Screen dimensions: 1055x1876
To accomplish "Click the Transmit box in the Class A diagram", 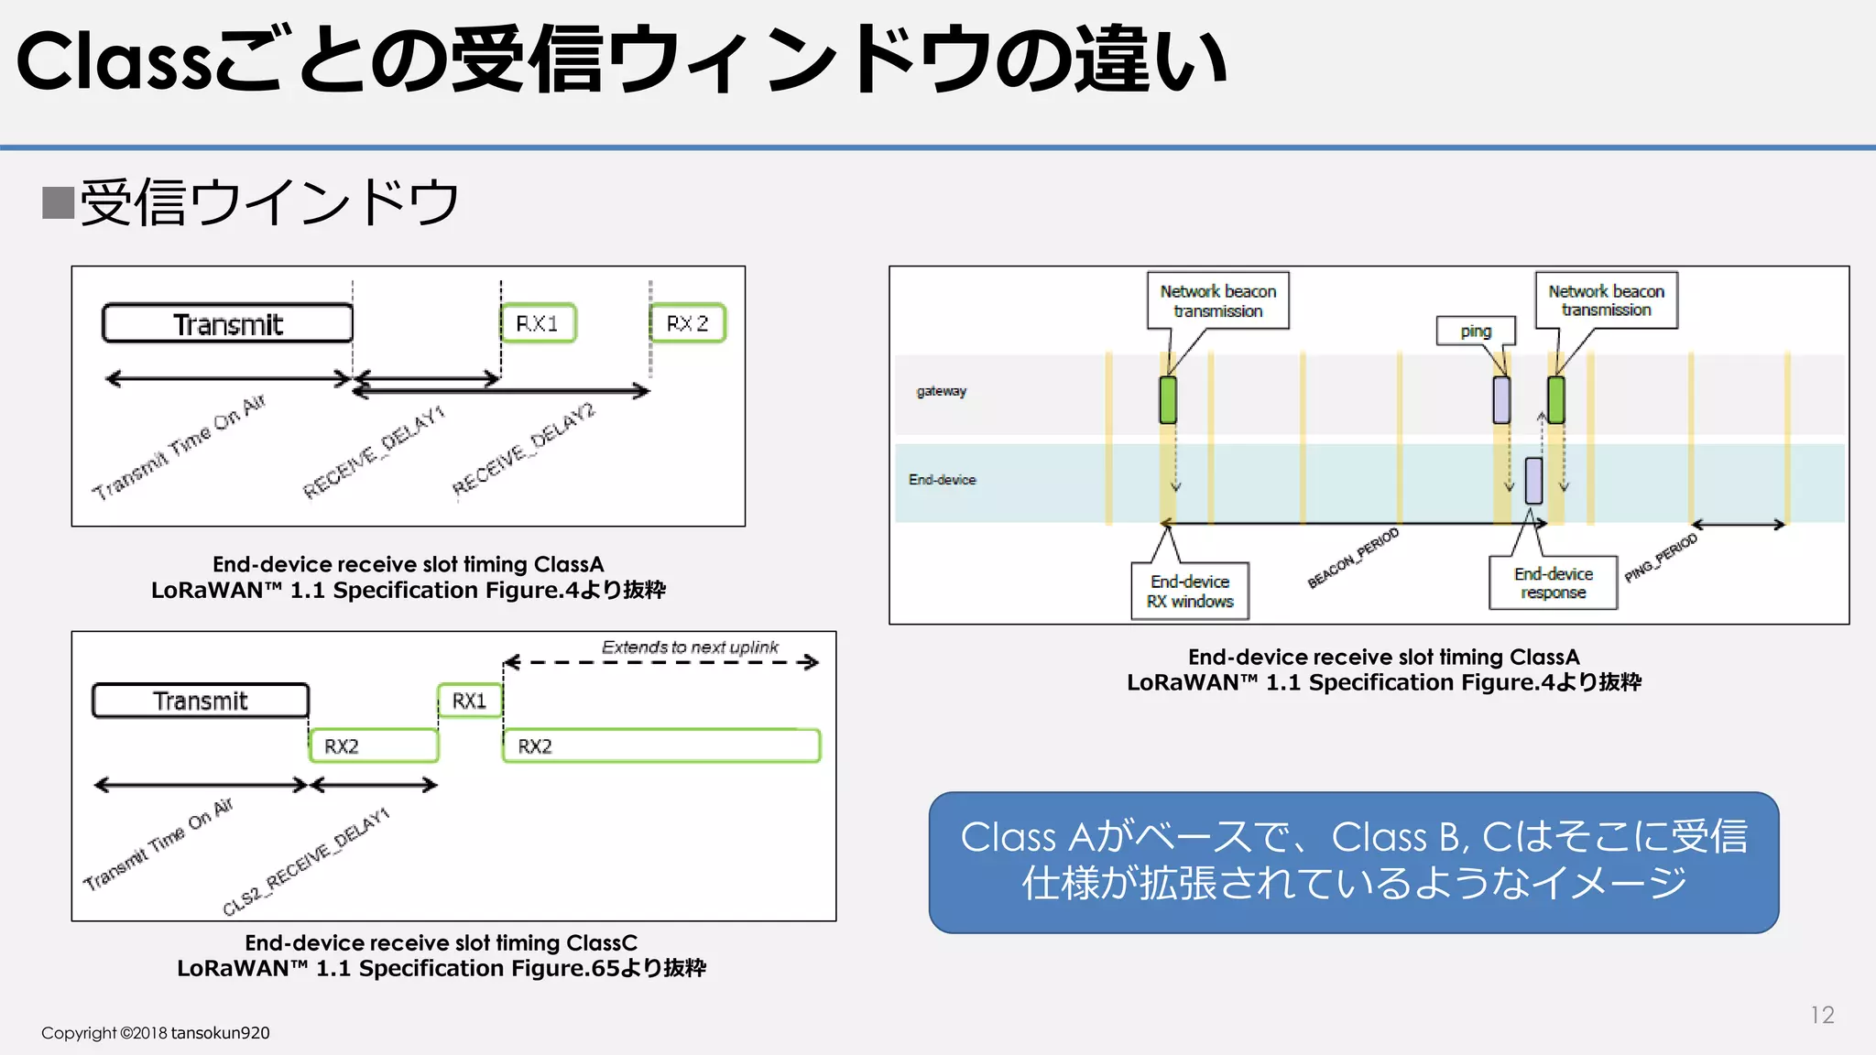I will coord(227,323).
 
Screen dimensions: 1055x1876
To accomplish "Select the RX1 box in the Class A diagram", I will coord(539,323).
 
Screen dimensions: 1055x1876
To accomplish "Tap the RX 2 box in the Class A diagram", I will coord(687,323).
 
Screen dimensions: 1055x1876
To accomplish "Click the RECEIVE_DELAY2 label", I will coord(523,449).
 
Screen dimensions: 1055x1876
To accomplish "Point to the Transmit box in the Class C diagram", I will coord(201,701).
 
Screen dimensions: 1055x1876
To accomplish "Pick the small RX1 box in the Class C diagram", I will coord(469,701).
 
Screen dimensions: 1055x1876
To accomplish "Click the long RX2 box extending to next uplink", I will coord(660,745).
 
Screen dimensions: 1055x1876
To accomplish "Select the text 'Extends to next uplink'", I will coord(689,647).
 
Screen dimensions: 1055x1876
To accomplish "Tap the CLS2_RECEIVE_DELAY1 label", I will coord(306,861).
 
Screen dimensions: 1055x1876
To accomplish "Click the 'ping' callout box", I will coord(1475,331).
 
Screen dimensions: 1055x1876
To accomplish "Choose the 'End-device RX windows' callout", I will coord(1190,591).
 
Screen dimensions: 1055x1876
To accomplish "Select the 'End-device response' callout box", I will coord(1553,582).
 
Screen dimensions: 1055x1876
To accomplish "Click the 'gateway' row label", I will coord(941,391).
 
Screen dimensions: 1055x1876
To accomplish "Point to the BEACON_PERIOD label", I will coord(1353,557).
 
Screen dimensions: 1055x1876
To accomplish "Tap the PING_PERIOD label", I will coord(1661,558).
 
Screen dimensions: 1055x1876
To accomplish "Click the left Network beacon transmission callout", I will coord(1217,300).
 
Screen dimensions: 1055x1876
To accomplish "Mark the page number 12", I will coord(1821,1015).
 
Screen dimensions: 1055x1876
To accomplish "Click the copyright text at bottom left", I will coord(155,1033).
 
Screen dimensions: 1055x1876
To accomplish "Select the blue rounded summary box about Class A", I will coord(1353,862).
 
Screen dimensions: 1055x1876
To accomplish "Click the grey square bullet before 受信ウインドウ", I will coord(58,202).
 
